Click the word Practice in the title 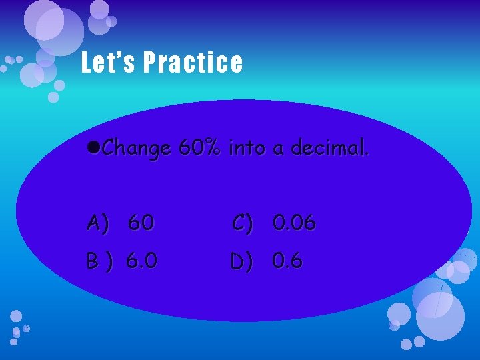point(193,63)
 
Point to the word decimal point(327,148)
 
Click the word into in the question point(247,148)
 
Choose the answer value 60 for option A point(140,223)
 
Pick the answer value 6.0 point(142,261)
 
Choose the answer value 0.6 point(287,261)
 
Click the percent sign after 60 point(213,148)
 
